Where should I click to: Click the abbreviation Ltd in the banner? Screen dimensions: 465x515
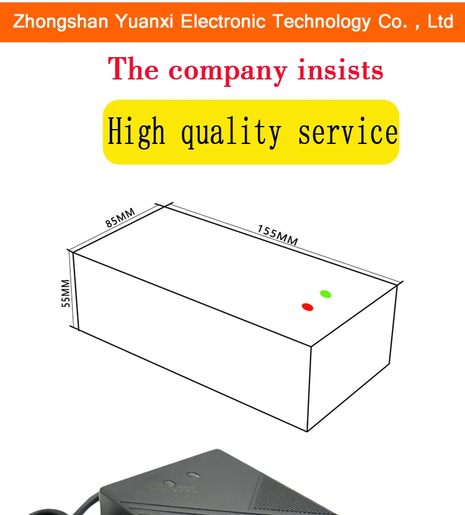point(441,22)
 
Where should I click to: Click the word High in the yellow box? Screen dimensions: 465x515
point(137,132)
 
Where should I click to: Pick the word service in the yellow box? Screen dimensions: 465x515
point(348,132)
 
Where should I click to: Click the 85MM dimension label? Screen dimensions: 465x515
point(120,218)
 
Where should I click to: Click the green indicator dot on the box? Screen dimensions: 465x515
point(325,293)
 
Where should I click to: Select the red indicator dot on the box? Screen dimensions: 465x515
point(307,307)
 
